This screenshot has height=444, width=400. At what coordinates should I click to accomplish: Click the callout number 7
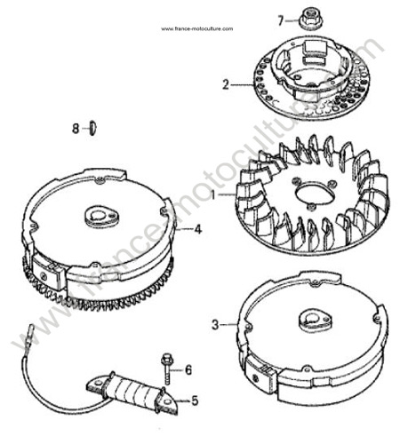pos(281,20)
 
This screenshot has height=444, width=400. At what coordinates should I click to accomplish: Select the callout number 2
pos(226,85)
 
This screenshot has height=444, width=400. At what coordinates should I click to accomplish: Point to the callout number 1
pos(212,194)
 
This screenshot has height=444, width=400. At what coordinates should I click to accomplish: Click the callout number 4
pos(198,229)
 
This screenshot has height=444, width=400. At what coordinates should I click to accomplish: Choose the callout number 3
pos(215,325)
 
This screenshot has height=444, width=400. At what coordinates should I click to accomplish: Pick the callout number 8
pos(76,129)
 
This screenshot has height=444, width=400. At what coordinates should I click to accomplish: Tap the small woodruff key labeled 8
pos(92,128)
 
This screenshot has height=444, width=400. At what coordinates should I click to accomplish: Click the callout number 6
pos(188,370)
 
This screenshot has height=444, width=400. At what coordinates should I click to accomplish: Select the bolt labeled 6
pos(166,369)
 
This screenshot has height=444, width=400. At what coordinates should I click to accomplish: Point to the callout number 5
pos(195,400)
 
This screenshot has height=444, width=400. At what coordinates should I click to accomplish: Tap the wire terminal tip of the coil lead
pos(30,329)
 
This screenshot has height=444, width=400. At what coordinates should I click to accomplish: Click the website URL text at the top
pos(197,28)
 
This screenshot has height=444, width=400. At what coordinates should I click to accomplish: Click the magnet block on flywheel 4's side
pos(49,274)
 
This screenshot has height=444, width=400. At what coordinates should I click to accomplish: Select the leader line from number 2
pos(243,85)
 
